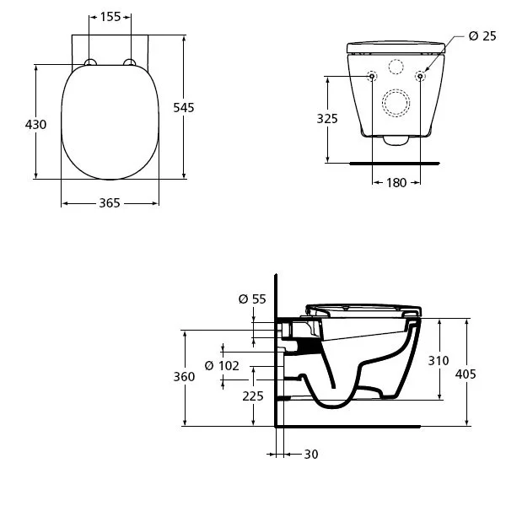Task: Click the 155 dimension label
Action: coord(110,17)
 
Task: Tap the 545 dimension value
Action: coord(184,107)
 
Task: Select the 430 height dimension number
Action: coord(35,124)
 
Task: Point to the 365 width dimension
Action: coord(110,203)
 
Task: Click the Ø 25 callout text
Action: coord(482,35)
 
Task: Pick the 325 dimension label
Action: coord(327,119)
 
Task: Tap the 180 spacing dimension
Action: coord(396,183)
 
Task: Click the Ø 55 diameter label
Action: coord(252,299)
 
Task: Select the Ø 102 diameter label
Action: coord(222,366)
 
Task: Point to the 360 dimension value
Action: coord(184,377)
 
